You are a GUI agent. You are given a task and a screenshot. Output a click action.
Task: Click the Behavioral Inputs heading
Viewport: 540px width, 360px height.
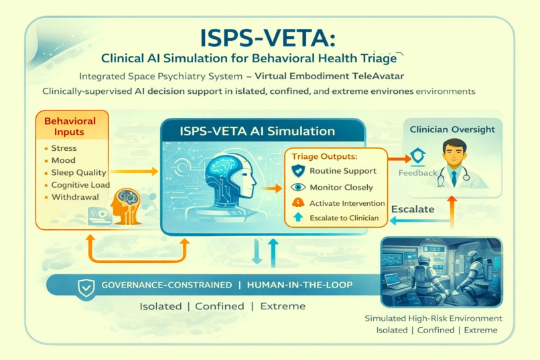[x=70, y=127]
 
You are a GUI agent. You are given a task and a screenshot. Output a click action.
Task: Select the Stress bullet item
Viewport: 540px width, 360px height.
[x=64, y=148]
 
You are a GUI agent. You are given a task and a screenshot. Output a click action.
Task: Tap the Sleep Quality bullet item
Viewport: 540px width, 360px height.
[x=78, y=172]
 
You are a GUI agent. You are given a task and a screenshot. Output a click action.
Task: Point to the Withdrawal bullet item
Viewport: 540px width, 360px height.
[x=74, y=197]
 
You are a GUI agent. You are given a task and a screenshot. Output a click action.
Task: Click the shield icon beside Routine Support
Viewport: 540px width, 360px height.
[x=298, y=172]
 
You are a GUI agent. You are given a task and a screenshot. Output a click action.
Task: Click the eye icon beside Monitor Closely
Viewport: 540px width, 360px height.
[x=298, y=188]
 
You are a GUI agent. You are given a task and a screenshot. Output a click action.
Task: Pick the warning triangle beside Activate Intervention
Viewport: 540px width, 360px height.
[x=298, y=203]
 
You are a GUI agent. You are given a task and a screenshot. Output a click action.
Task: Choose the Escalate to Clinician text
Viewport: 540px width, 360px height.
[x=344, y=218]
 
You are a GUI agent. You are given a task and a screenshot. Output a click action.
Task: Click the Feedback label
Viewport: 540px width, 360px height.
[x=417, y=173]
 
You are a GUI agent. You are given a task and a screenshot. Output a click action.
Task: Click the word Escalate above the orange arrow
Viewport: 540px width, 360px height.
[x=413, y=209]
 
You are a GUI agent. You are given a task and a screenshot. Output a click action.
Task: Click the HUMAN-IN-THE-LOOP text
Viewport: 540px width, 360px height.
[x=299, y=286]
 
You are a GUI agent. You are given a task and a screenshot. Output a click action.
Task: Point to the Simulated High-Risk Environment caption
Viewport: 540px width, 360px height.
[x=433, y=318]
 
